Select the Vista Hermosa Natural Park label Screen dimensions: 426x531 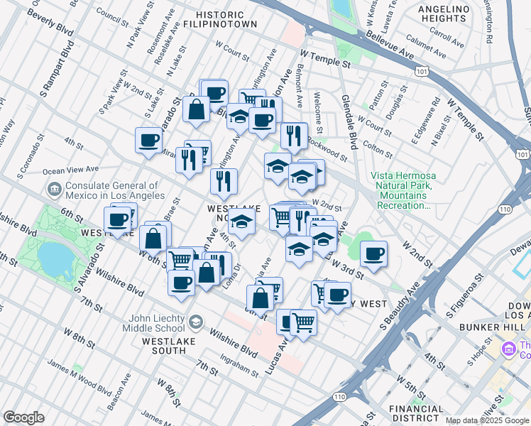402,190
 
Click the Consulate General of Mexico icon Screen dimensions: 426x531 54,190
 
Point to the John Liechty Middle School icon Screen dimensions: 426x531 194,323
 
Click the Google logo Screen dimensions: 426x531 24,417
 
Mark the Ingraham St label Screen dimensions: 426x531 239,369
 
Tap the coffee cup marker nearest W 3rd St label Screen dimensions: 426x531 373,253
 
